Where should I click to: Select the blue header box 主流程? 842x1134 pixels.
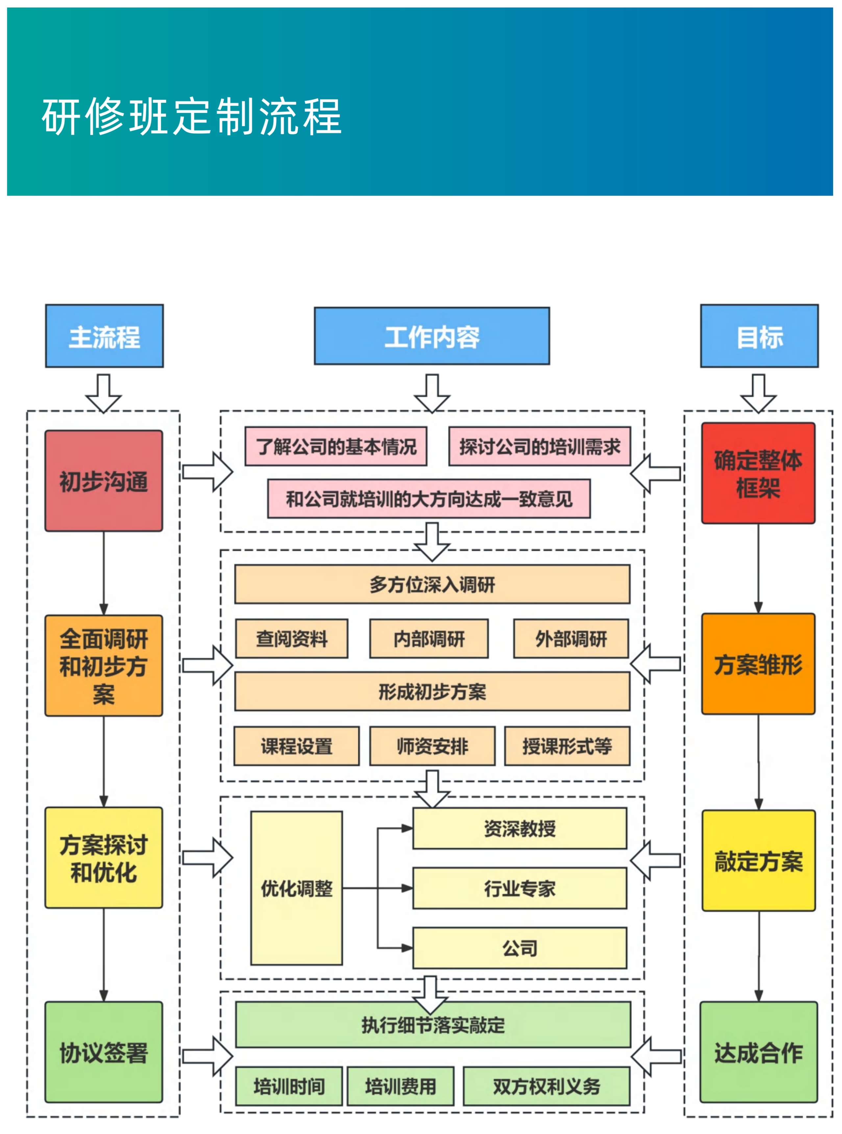tap(105, 336)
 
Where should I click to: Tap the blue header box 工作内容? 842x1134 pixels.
tap(432, 336)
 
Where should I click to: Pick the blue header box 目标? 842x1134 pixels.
tap(759, 336)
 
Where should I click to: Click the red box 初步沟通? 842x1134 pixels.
tap(104, 481)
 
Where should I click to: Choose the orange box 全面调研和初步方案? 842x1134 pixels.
tap(104, 665)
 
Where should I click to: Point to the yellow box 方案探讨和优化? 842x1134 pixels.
tap(104, 858)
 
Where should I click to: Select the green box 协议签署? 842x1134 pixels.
tap(104, 1052)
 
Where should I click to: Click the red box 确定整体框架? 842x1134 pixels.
tap(758, 473)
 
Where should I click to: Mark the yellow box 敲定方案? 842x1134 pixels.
tap(758, 861)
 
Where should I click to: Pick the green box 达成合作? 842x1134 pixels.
tap(758, 1052)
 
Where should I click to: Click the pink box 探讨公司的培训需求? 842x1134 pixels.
tap(539, 447)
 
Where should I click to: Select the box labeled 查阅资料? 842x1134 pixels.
tap(291, 638)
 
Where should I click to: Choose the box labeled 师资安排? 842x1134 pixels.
tap(432, 746)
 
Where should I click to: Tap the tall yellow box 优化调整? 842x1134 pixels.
tap(296, 888)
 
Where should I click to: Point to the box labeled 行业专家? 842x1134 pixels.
tap(519, 888)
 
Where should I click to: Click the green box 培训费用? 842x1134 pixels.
tap(400, 1086)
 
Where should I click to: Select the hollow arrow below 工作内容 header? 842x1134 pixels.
tap(432, 394)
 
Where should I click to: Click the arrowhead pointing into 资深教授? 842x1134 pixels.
tap(407, 828)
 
